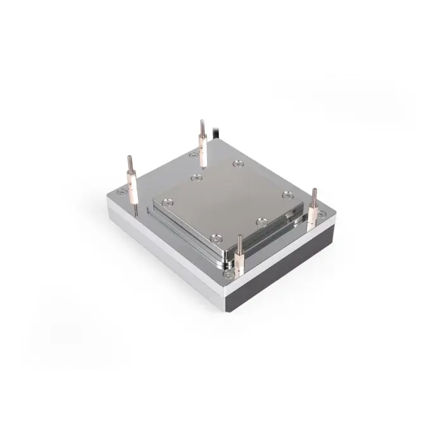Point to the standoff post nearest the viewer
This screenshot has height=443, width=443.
click(239, 257)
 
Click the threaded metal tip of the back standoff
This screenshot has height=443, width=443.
click(202, 125)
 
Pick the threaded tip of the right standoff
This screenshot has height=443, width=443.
click(312, 194)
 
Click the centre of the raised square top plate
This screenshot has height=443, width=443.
click(228, 203)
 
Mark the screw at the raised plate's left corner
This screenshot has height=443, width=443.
click(167, 203)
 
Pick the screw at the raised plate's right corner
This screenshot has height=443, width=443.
click(288, 194)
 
